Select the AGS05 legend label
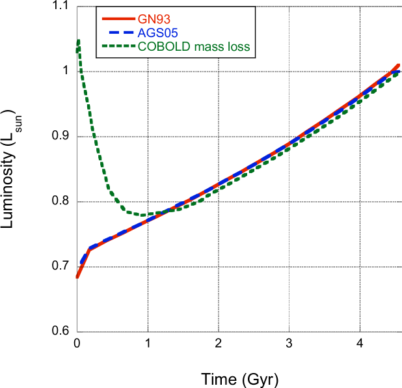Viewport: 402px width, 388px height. pos(158,33)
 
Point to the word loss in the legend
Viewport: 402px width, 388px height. pos(238,47)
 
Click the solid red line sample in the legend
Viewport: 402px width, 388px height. pos(118,20)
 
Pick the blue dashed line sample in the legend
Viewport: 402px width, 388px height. pos(118,33)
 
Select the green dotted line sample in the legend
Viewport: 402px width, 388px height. pos(118,47)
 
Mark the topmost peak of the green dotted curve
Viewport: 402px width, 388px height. pos(79,41)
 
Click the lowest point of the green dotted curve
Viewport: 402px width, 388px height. pos(144,214)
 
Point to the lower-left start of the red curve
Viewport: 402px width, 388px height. pos(77,277)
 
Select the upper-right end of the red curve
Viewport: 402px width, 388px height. pos(399,64)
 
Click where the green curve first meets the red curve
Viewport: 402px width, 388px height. pos(170,210)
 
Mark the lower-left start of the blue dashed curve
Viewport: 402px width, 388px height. pos(80,264)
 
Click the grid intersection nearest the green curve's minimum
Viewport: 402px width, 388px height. pos(148,202)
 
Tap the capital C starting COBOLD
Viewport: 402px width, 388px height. pos(142,47)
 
